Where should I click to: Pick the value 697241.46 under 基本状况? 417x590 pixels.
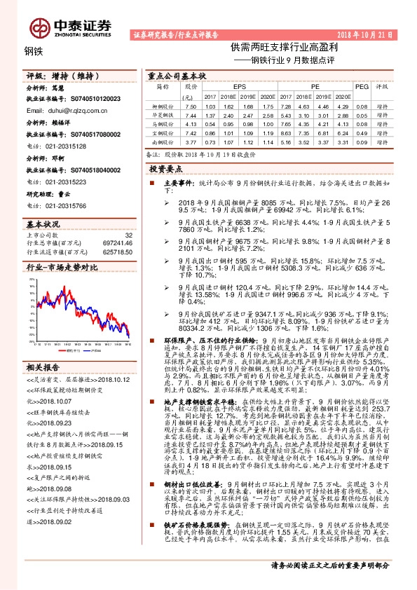(115, 242)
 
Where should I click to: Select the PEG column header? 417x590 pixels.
(362, 85)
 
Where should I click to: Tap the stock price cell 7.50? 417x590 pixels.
(189, 106)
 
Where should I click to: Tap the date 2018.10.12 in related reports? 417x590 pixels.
(116, 379)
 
